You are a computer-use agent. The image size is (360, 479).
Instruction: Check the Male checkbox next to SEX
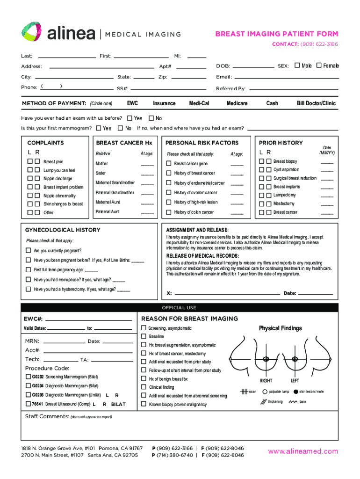[x=296, y=66]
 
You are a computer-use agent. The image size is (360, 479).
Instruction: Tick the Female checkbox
[x=319, y=66]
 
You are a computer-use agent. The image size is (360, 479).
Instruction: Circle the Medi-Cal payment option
[x=199, y=103]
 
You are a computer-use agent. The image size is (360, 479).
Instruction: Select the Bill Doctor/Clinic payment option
[x=316, y=103]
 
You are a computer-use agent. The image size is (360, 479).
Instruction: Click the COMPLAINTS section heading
[x=45, y=143]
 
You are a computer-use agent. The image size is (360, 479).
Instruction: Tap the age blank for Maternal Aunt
[x=147, y=203]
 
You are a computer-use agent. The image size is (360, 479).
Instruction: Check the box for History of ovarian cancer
[x=169, y=193]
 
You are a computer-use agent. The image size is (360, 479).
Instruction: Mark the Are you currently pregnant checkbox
[x=28, y=251]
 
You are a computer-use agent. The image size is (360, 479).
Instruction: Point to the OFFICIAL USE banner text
[x=180, y=308]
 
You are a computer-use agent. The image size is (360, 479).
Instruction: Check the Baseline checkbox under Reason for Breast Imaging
[x=144, y=337]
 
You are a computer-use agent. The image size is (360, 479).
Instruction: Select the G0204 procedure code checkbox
[x=28, y=386]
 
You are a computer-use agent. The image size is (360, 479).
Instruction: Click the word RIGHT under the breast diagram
[x=266, y=381]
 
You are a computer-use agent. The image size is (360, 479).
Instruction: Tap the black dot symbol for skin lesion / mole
[x=295, y=392]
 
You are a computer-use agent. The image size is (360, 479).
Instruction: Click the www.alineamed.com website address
[x=302, y=451]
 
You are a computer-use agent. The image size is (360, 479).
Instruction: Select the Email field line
[x=285, y=78]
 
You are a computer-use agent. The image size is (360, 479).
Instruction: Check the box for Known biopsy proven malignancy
[x=144, y=404]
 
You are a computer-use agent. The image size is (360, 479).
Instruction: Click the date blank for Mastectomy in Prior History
[x=327, y=204]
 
